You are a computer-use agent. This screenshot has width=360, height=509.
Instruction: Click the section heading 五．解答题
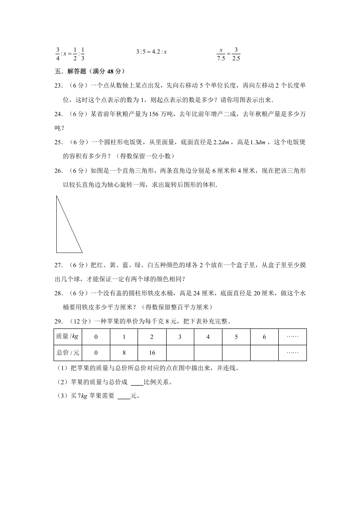(89, 71)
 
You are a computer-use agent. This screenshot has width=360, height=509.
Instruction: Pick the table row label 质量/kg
(68, 337)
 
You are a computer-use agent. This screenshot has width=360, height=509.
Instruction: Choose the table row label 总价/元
(68, 352)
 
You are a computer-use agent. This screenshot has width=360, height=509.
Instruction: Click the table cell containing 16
(152, 352)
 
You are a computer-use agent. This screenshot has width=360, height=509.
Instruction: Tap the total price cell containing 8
(124, 352)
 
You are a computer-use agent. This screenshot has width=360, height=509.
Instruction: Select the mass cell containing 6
(264, 337)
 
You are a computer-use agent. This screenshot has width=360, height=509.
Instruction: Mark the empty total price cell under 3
(180, 352)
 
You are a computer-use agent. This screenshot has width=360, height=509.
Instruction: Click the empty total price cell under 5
(236, 352)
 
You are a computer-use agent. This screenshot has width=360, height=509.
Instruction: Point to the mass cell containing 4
(208, 337)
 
